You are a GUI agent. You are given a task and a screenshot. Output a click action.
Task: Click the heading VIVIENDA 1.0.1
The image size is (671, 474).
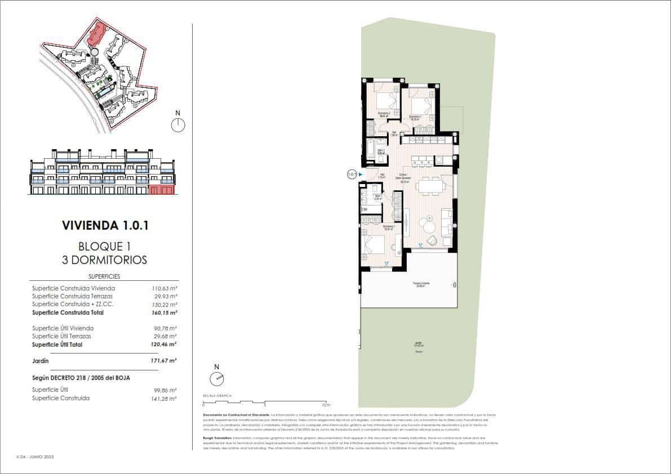pos(105,226)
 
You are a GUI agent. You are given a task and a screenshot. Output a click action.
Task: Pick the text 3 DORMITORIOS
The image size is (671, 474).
pos(105,260)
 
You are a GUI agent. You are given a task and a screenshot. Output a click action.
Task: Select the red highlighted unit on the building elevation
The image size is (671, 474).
pos(161,190)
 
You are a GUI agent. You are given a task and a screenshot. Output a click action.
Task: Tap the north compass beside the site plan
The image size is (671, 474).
pos(178,124)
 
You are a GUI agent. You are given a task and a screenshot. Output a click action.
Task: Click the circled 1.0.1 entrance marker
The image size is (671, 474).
pos(352,175)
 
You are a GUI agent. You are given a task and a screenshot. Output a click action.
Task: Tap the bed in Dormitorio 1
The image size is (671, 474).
pos(375,245)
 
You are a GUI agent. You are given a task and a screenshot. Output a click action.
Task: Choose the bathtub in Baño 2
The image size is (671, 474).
pos(370,150)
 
